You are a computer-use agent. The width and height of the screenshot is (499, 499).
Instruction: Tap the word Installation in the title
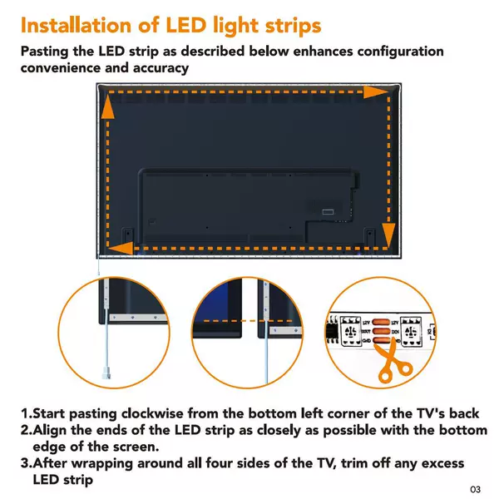click(76, 26)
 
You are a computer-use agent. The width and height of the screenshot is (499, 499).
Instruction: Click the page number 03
click(476, 489)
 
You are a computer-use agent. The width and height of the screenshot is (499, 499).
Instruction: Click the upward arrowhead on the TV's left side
click(108, 106)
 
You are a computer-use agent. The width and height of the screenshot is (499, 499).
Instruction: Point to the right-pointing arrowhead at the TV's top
click(376, 91)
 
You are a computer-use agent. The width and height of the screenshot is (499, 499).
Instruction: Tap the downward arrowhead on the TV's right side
click(388, 235)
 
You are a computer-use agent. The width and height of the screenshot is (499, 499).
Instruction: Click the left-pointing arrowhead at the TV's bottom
click(121, 248)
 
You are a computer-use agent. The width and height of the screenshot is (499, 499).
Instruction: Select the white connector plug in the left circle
click(106, 373)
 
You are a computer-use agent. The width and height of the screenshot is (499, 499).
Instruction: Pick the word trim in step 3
click(354, 463)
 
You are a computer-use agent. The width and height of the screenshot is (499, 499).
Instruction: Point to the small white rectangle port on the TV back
click(328, 212)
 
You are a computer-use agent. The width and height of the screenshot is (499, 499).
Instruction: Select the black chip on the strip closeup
click(332, 331)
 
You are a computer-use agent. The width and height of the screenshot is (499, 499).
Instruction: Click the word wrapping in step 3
click(101, 464)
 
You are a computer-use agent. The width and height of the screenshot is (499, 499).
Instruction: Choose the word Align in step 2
click(50, 430)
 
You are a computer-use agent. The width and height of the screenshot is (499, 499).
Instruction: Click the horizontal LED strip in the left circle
click(138, 318)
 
